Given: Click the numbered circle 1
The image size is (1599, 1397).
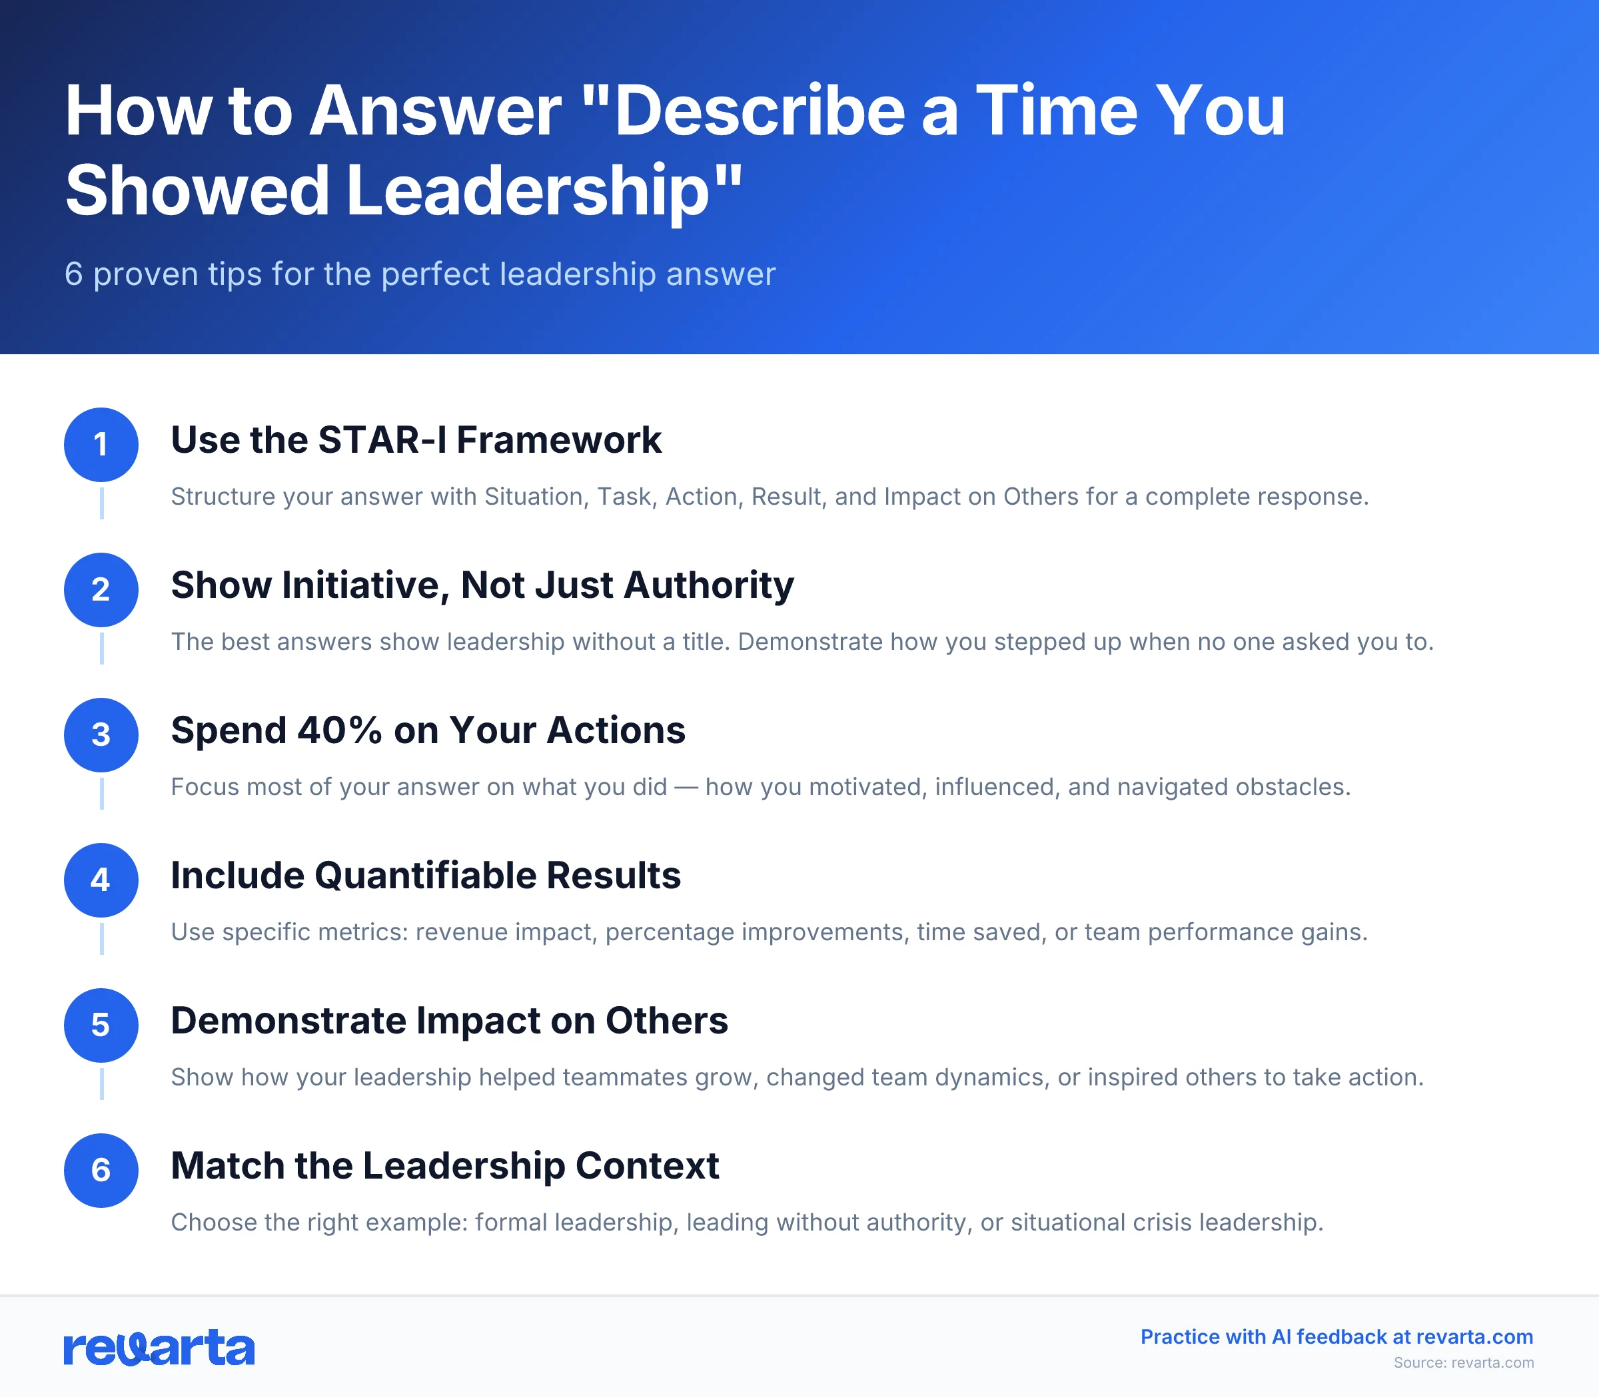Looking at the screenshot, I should tap(101, 444).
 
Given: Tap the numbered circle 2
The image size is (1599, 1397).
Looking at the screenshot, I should tap(101, 589).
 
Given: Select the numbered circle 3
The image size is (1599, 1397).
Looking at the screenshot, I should tap(101, 734).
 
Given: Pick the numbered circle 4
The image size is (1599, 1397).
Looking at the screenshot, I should tap(101, 880).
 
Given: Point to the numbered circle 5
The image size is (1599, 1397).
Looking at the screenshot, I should tap(101, 1024).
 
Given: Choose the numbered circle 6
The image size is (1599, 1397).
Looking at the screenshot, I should tap(101, 1169).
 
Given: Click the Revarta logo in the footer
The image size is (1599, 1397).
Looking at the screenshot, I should tap(159, 1347).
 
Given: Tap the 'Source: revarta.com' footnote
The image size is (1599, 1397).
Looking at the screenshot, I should tap(1463, 1362).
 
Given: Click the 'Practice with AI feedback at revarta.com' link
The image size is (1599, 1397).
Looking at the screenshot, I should tap(1336, 1336).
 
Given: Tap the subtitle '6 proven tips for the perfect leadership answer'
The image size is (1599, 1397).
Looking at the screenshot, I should tap(420, 274).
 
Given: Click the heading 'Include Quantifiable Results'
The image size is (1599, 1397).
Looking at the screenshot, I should tap(426, 876).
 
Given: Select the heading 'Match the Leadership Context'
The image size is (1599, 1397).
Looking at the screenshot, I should tap(444, 1165).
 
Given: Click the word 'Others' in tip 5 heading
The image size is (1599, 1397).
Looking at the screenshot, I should tap(667, 1021).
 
